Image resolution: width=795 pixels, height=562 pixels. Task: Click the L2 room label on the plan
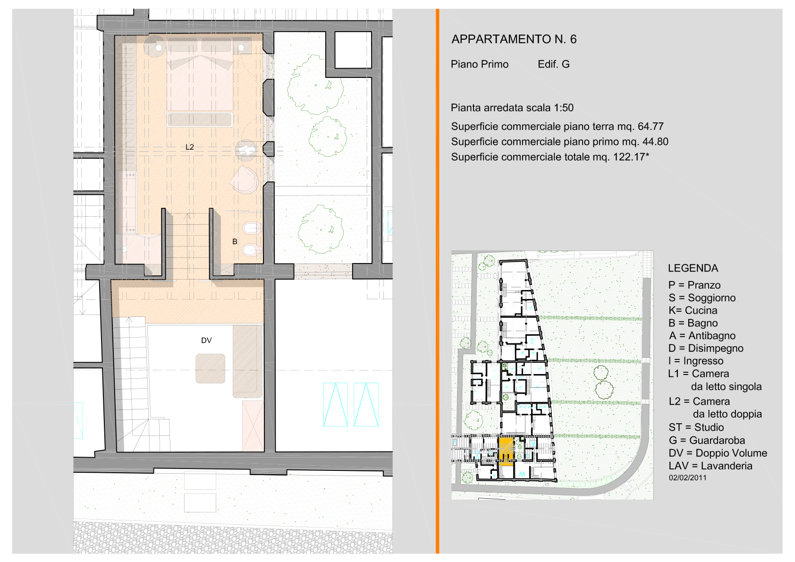[x=189, y=147]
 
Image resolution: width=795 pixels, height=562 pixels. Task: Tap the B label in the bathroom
[x=235, y=242]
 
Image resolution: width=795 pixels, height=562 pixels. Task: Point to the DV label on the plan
[x=206, y=341]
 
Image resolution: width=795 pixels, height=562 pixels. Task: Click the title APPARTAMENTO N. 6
[x=514, y=39]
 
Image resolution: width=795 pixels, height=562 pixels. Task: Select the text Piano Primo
[x=480, y=64]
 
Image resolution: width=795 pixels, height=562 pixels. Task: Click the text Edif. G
[x=554, y=64]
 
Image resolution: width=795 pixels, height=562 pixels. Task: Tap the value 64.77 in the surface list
[x=651, y=127]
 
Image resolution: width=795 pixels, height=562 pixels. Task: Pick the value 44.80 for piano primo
[x=655, y=142]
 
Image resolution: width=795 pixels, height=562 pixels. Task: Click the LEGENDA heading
[x=693, y=268]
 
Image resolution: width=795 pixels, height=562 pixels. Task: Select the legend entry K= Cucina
[x=693, y=310]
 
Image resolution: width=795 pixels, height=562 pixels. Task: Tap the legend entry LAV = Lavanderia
[x=710, y=466]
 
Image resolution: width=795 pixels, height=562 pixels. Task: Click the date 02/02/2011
[x=687, y=478]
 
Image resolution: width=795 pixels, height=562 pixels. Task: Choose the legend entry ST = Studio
[x=696, y=427]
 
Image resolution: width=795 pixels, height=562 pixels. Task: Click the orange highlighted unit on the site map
[x=506, y=451]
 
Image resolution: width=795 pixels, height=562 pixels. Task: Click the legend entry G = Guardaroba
[x=707, y=440]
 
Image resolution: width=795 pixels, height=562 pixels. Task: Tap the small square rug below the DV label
[x=210, y=368]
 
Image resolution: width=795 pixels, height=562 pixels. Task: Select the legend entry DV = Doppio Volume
[x=718, y=453]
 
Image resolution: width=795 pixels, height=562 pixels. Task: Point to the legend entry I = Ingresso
[x=696, y=361]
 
